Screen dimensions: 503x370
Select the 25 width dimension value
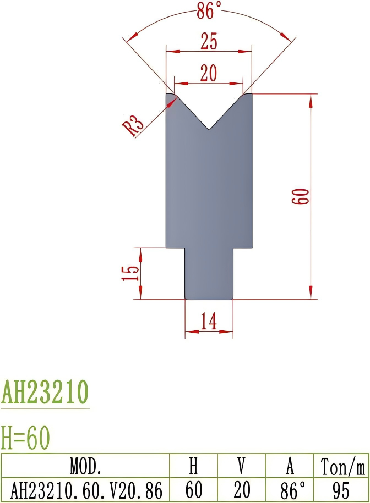(x=209, y=41)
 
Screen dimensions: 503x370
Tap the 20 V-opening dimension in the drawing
(x=209, y=73)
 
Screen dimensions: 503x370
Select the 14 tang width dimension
(x=209, y=322)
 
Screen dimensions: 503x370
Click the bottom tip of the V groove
(x=209, y=130)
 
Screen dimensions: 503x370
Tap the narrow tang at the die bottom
(x=209, y=274)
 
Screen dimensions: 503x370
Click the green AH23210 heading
(x=45, y=393)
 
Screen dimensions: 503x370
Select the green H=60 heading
(x=26, y=438)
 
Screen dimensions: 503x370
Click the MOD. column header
(x=85, y=466)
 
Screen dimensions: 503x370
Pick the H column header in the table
(x=193, y=466)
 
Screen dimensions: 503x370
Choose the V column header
(x=241, y=466)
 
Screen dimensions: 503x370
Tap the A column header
(x=290, y=466)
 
